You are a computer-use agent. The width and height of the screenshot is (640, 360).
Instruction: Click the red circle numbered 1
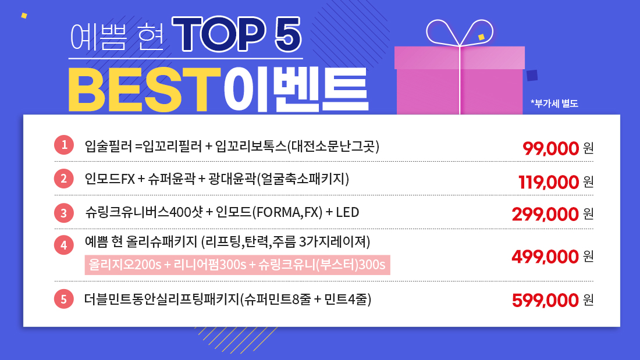(x=63, y=145)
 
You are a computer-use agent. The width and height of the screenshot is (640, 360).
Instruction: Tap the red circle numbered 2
(x=63, y=179)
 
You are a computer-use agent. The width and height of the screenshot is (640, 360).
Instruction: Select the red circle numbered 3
(x=63, y=213)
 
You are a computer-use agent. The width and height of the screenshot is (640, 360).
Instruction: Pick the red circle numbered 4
(x=63, y=245)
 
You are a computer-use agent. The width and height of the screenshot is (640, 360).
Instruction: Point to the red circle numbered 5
(x=63, y=299)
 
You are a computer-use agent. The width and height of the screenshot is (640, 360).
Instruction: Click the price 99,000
(x=550, y=148)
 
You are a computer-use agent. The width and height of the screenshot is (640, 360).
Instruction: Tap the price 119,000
(x=549, y=182)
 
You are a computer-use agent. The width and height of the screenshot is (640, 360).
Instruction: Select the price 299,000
(x=545, y=214)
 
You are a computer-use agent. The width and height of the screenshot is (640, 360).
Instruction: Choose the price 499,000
(x=545, y=256)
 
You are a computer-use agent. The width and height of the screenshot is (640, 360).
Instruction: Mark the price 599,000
(x=545, y=301)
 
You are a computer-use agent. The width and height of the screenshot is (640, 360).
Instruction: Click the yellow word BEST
(x=144, y=90)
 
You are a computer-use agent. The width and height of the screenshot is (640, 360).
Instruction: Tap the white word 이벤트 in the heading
(x=296, y=90)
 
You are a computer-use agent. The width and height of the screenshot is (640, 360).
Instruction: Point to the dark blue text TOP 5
(x=237, y=34)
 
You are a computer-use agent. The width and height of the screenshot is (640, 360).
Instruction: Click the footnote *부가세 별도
(x=554, y=104)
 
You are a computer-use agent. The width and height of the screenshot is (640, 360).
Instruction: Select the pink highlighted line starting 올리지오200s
(x=237, y=265)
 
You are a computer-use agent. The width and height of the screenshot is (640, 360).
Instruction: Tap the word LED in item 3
(x=347, y=212)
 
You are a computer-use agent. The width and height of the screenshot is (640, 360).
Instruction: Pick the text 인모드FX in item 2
(x=110, y=179)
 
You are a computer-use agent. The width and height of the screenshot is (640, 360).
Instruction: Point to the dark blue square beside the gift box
(x=532, y=76)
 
